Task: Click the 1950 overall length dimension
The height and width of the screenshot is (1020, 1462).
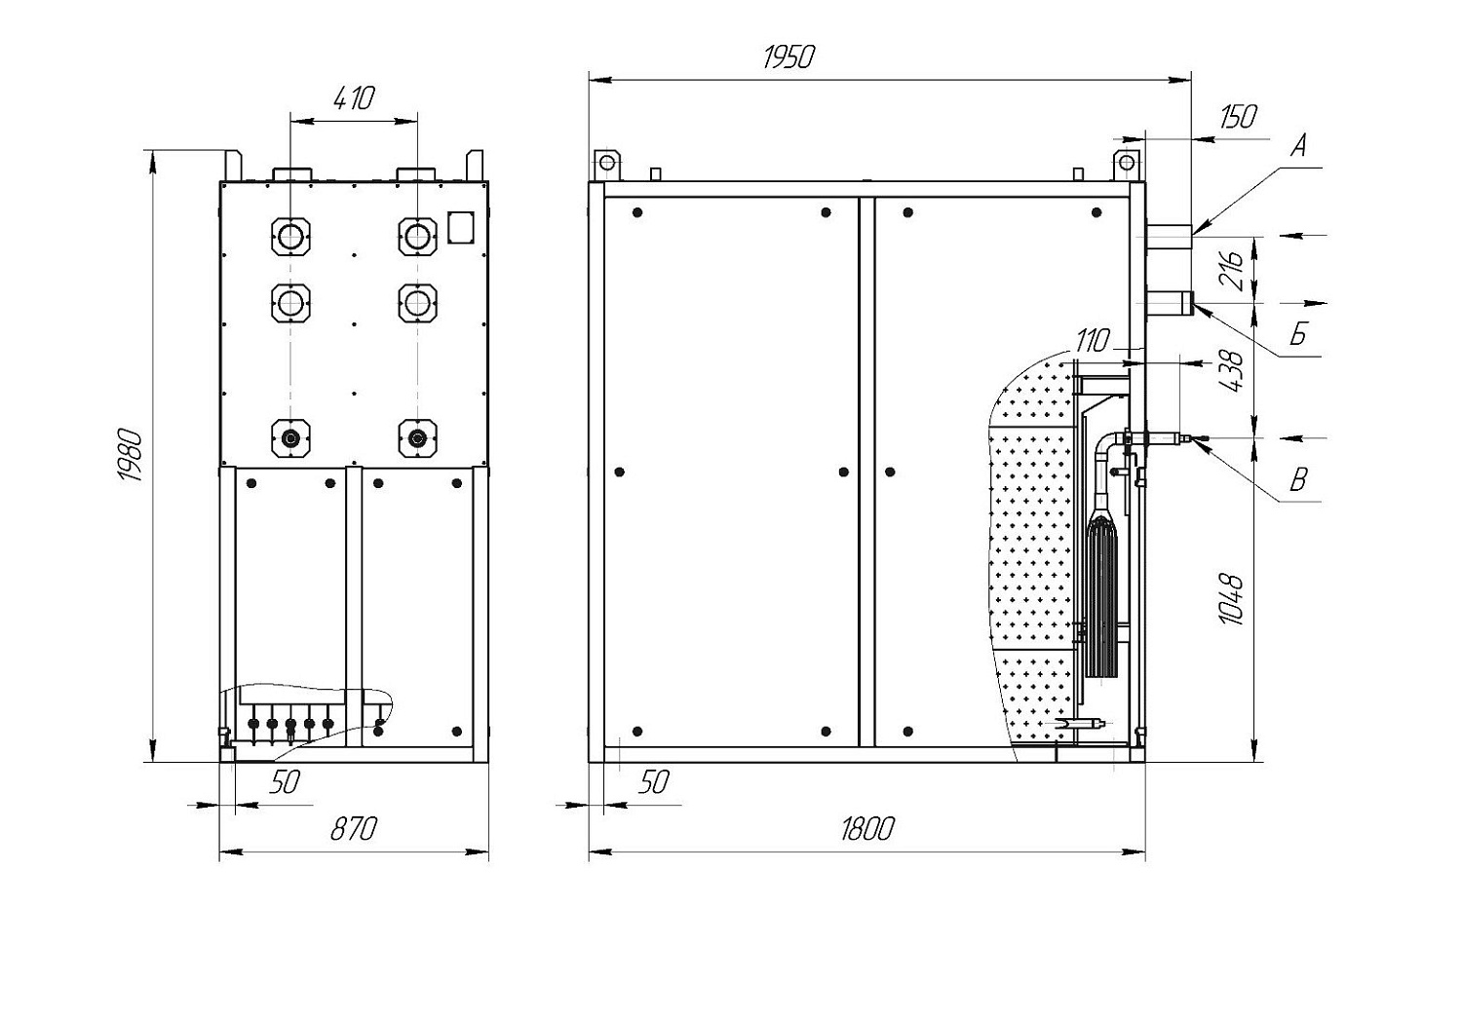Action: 789,57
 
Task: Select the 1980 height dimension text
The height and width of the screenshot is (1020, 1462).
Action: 131,455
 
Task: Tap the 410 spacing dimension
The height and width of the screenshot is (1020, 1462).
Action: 355,98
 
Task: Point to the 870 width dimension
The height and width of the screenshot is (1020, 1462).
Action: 354,830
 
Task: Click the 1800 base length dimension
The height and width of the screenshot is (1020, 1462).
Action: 867,830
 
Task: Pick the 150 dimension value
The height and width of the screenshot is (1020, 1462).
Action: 1238,117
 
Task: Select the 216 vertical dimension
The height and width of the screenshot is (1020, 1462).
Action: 1231,269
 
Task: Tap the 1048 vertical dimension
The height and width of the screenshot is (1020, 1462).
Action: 1231,599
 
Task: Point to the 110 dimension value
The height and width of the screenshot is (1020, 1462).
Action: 1093,340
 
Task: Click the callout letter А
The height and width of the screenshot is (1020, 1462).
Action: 1299,145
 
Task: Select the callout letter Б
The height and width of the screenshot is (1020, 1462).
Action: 1298,334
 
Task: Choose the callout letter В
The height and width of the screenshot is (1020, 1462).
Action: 1298,479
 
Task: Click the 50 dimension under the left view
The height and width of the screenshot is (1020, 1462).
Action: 286,782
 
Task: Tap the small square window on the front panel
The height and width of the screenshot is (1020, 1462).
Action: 460,226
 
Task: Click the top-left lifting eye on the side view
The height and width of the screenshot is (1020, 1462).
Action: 606,162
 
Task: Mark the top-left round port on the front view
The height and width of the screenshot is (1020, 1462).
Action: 290,236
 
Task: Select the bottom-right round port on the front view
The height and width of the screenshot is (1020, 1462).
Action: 417,438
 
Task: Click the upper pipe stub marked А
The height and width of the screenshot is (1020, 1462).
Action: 1169,235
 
